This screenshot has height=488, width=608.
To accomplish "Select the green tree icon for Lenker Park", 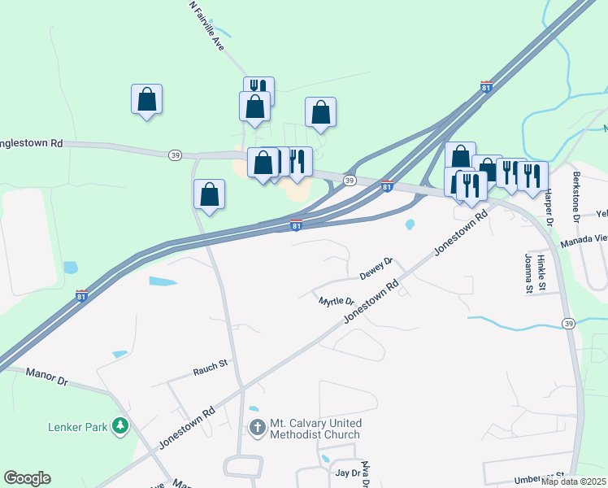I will (120, 425).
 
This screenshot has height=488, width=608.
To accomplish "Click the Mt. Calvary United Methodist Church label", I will (315, 429).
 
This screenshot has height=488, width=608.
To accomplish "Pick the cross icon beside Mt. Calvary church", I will (258, 428).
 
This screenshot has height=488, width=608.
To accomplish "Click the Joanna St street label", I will (528, 273).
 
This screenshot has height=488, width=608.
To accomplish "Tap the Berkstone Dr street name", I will (575, 203).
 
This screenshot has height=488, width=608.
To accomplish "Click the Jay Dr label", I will (347, 473).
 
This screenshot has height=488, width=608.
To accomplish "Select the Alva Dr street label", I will (365, 471).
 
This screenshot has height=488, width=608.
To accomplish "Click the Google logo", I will (27, 478).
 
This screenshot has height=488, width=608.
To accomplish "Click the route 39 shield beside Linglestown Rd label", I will (175, 155).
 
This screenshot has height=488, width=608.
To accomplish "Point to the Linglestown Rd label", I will (32, 143).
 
